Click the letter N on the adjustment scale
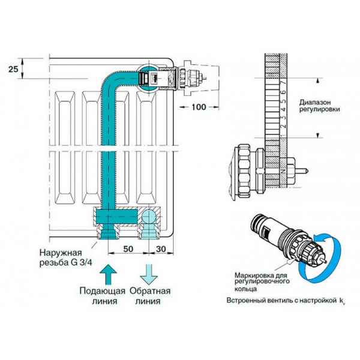pyautogui.click(x=281, y=173)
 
